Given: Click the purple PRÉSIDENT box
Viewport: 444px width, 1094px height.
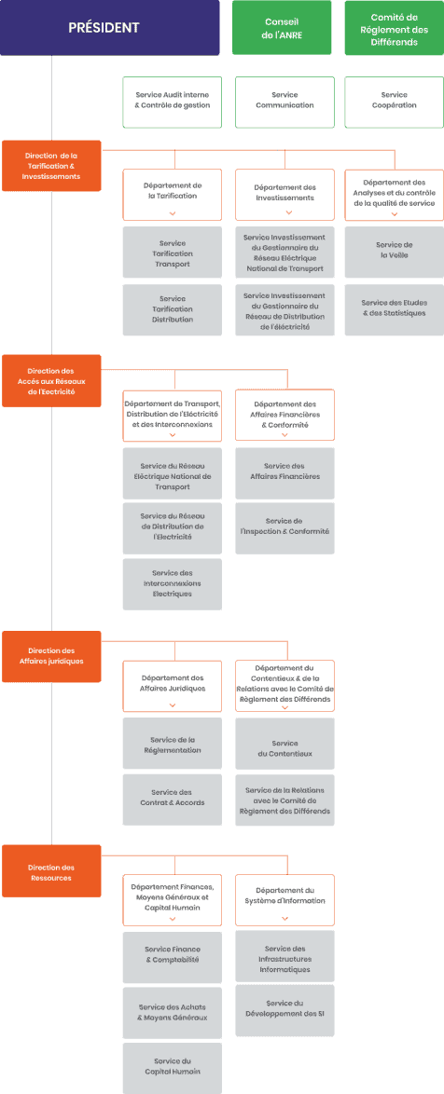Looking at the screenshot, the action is coord(104,28).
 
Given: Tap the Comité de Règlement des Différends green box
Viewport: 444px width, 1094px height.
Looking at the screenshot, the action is coord(395,28).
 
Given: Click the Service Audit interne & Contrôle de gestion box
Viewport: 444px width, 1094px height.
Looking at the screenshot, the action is coord(173,102).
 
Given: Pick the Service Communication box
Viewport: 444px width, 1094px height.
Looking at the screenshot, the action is coord(284,102).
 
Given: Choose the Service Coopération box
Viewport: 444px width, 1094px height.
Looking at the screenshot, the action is coord(395,102).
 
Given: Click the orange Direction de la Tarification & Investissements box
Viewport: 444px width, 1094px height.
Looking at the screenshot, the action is coord(51,166).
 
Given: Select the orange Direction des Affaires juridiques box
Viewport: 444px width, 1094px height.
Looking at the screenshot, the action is coord(51,657).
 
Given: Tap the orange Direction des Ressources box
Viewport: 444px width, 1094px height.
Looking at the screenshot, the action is coord(51,870).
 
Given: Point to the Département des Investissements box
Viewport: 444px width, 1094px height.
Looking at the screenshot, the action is coord(284,195).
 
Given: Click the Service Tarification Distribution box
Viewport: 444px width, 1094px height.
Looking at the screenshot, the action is coord(173,309).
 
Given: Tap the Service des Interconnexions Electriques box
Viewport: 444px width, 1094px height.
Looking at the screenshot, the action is coord(173,583).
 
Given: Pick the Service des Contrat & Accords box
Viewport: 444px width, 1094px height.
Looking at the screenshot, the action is coord(173,799).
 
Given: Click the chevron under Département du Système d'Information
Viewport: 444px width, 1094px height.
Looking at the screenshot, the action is coord(284,919).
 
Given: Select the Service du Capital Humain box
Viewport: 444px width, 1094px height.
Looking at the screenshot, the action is coord(173,1068).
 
